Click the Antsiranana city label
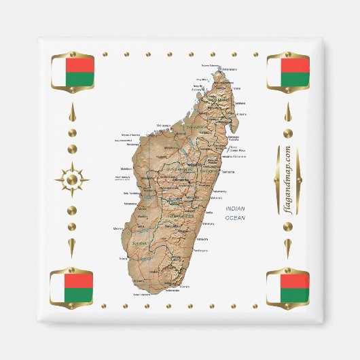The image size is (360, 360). (230, 69)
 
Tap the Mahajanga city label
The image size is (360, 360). (163, 126)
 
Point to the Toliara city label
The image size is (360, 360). (123, 259)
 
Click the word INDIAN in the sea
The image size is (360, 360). (236, 209)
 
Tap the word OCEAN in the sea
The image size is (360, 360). (236, 217)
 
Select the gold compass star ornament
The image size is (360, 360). (72, 180)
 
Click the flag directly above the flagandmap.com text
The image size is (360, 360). (287, 73)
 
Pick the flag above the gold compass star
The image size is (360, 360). (72, 73)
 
